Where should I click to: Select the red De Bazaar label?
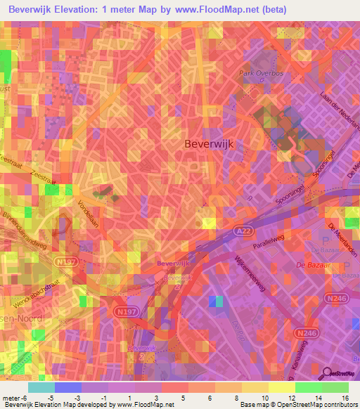click(x=309, y=265)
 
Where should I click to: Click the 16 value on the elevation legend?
click(x=346, y=397)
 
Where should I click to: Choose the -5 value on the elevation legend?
click(x=51, y=397)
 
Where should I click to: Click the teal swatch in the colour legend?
click(x=41, y=387)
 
